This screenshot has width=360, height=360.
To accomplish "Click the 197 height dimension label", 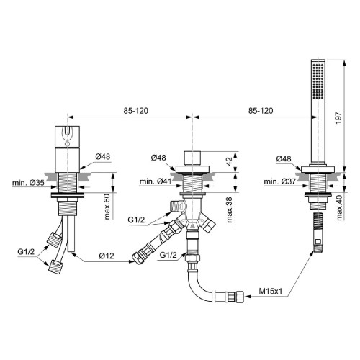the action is point(338,117).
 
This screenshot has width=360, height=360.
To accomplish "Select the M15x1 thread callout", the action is point(271,291).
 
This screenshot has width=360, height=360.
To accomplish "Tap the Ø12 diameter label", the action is point(107,256).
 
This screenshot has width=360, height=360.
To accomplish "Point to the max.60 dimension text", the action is point(107,207).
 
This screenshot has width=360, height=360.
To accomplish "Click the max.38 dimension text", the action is point(229,210).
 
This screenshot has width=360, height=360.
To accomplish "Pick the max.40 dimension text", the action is point(339,207).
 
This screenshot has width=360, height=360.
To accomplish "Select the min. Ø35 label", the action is point(28,183).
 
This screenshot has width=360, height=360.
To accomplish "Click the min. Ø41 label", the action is point(156,181).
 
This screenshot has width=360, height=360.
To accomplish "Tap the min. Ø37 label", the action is point(280,181).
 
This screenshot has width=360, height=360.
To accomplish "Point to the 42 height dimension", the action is point(229,161).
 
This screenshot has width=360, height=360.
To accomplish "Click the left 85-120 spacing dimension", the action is point(136,111).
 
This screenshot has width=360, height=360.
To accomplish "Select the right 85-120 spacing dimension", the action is point(261,111).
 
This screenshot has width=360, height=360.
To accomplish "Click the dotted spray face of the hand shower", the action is point(318,81).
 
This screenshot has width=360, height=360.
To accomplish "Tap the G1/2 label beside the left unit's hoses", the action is point(26,252).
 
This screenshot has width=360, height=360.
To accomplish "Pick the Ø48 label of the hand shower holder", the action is point(284,158).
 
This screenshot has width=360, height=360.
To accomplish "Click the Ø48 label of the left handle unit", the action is point(103,156).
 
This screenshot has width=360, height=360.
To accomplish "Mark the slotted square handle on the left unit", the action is point(67,136).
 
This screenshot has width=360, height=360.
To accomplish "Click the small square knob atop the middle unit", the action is point(192,158).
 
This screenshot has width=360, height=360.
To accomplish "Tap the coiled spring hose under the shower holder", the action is point(318,222).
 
